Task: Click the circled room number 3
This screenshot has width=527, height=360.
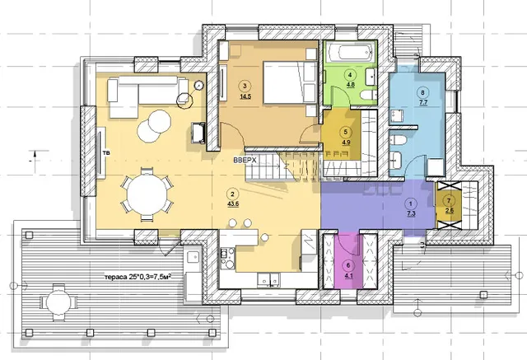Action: (x=245, y=86)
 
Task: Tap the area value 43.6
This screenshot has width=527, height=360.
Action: (x=232, y=203)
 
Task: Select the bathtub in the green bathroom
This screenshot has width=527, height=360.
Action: (x=351, y=53)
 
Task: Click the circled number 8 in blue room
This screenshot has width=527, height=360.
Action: (x=422, y=92)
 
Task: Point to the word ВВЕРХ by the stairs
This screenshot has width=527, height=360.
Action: (x=245, y=161)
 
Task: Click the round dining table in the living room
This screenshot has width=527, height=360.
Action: (x=147, y=194)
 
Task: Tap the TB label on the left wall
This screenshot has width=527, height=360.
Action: (x=106, y=153)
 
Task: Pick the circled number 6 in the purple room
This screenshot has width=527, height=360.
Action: (x=348, y=265)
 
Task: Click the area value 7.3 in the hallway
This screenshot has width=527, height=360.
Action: (x=411, y=214)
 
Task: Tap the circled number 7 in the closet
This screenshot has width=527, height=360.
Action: (x=449, y=201)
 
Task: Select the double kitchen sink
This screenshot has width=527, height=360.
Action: (x=269, y=278)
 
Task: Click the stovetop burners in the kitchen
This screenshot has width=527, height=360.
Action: (x=227, y=258)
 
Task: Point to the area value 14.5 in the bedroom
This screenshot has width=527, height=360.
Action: (x=245, y=97)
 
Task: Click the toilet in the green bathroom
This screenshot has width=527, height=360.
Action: (x=368, y=95)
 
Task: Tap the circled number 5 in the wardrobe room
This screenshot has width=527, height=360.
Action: (x=346, y=132)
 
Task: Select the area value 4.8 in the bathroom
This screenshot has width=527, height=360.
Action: (x=351, y=85)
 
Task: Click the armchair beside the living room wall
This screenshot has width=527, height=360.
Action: (x=198, y=133)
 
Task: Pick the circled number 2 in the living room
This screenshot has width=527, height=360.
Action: (x=232, y=194)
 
